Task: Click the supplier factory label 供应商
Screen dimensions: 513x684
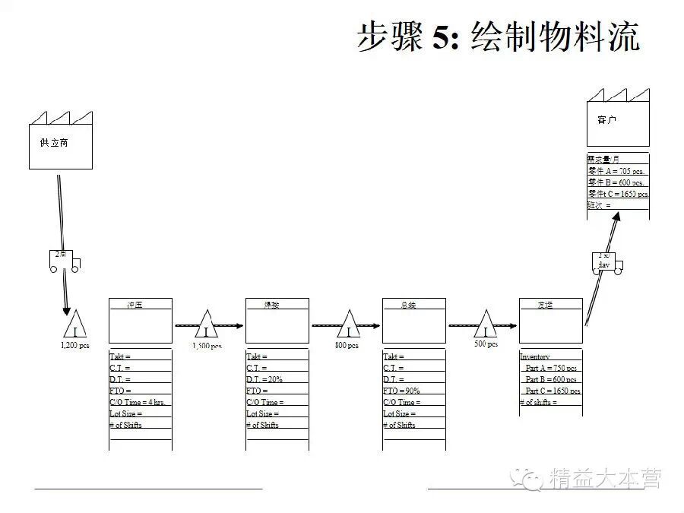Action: pyautogui.click(x=54, y=142)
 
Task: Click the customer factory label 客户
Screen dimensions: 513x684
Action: pyautogui.click(x=606, y=120)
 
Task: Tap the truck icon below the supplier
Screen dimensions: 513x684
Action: pyautogui.click(x=64, y=261)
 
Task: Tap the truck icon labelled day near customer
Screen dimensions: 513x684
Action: pyautogui.click(x=606, y=261)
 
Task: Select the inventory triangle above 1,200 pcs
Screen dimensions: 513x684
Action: pyautogui.click(x=74, y=326)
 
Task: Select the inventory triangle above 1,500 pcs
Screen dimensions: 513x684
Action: pyautogui.click(x=206, y=325)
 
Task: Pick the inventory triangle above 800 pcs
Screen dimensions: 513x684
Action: pyautogui.click(x=348, y=325)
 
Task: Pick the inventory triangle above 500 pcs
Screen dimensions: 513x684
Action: pyautogui.click(x=485, y=325)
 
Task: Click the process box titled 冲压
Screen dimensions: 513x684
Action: pyautogui.click(x=141, y=321)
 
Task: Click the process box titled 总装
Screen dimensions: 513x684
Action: pyautogui.click(x=413, y=321)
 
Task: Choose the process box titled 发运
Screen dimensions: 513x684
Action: pyautogui.click(x=550, y=321)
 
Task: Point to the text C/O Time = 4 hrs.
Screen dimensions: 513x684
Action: pyautogui.click(x=138, y=402)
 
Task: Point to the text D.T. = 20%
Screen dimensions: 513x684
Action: pyautogui.click(x=264, y=379)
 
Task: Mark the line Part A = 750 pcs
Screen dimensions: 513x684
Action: pyautogui.click(x=551, y=368)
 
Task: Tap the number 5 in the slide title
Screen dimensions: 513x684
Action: pyautogui.click(x=442, y=36)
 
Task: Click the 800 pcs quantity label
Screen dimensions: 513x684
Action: pyautogui.click(x=347, y=346)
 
